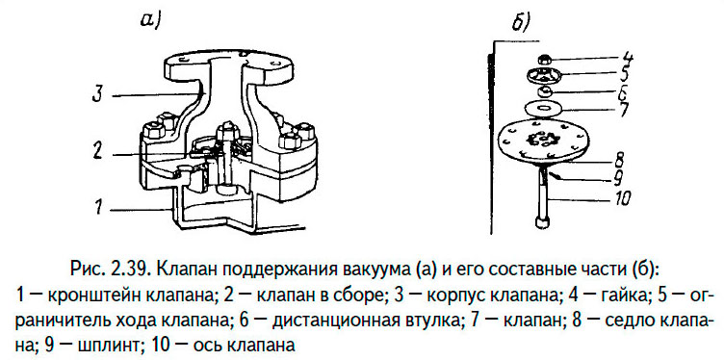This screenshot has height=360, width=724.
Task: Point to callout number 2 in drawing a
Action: coord(97,150)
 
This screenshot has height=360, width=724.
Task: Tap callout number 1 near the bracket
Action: coord(98,206)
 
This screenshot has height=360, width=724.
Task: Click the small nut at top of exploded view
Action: coord(544,57)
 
